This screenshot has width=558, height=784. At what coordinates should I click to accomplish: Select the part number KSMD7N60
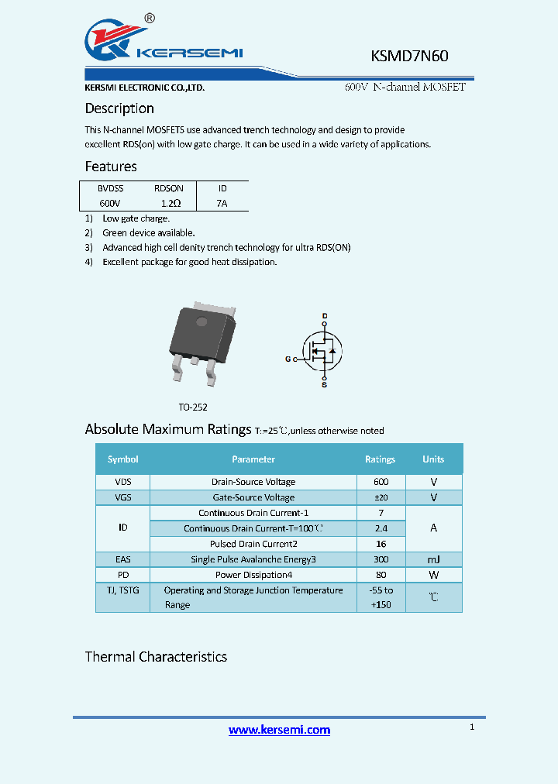coord(410,56)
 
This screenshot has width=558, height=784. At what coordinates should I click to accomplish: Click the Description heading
coord(119,108)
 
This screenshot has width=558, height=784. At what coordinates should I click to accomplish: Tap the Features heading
coord(111,167)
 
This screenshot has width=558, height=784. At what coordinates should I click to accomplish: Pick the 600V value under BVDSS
coord(109,203)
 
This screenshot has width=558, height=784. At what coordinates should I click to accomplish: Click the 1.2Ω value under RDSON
coord(170,203)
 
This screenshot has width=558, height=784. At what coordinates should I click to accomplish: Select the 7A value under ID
coord(222,203)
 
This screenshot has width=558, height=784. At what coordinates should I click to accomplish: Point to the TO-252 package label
coord(193,407)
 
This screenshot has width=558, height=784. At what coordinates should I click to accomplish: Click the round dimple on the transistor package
coord(201,322)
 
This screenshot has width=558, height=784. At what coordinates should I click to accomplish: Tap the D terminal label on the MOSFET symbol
coord(325,315)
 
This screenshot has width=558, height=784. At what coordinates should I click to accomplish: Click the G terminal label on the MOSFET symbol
coord(288,359)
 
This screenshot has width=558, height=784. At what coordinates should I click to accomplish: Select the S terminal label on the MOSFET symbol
coord(325,384)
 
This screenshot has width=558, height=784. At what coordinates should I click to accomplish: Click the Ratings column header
coord(380,459)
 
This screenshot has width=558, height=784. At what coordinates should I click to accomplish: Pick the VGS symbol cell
coord(122,497)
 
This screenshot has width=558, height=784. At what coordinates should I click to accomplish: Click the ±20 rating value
coord(381,497)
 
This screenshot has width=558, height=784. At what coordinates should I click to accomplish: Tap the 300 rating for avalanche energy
coord(381,559)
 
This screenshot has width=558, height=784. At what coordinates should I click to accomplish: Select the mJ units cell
coord(433,559)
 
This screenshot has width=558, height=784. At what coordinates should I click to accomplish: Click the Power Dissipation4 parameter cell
coord(253,575)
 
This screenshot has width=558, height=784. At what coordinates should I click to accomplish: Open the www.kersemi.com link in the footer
coord(279,730)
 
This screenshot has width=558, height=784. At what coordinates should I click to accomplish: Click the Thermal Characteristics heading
coord(156,657)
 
